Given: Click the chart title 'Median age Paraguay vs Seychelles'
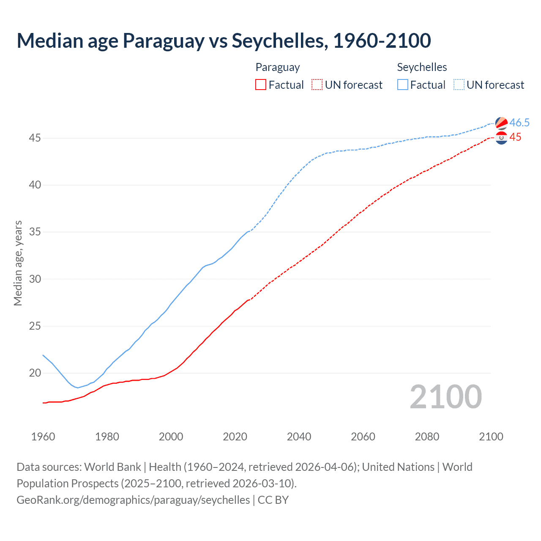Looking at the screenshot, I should tap(224, 41).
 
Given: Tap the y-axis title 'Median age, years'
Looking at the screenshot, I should tap(18, 263).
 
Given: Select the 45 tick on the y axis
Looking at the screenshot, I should tap(35, 138).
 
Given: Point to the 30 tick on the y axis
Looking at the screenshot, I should tap(35, 279).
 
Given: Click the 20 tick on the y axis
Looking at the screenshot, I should tap(35, 373).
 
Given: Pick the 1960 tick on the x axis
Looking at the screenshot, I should tap(43, 437).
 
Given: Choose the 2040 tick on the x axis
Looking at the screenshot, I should tap(299, 437).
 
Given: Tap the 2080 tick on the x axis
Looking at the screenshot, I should tap(427, 437).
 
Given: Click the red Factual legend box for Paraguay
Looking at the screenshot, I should tap(261, 85).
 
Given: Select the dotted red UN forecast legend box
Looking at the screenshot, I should tap(317, 85).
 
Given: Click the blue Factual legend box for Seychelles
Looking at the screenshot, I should tap(403, 85).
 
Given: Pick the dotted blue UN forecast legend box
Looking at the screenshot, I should tap(459, 85).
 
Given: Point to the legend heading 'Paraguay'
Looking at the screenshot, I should tap(278, 67).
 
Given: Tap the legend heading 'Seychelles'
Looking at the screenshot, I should tap(422, 67).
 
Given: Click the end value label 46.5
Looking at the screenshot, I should tap(519, 123).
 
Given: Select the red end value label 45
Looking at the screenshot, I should tap(515, 137).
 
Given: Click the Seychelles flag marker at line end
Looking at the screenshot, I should tap(501, 123).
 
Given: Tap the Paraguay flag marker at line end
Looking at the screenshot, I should tap(501, 138).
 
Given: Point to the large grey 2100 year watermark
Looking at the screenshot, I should tap(445, 396).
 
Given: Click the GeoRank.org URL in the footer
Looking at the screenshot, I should tap(133, 500).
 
